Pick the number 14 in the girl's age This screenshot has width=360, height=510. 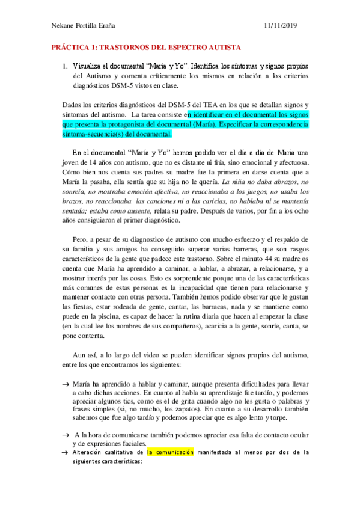(x=92, y=162)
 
